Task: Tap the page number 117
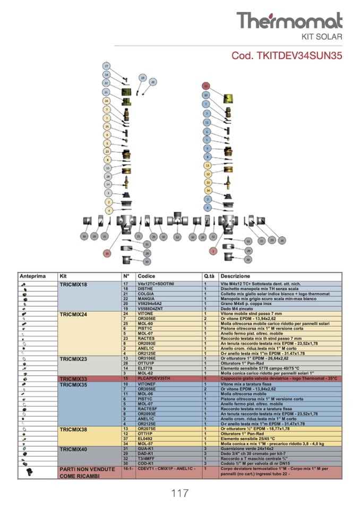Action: click(x=179, y=494)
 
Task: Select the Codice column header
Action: click(x=147, y=277)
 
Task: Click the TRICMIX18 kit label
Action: click(x=74, y=284)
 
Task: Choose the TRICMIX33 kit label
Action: click(x=74, y=379)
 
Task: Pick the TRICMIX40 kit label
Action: click(x=74, y=449)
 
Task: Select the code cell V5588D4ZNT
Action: click(x=150, y=308)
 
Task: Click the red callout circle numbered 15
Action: click(x=206, y=85)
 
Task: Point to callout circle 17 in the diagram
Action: click(x=107, y=66)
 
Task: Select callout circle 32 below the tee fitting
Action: click(x=178, y=237)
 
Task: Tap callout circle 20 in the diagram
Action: click(x=153, y=82)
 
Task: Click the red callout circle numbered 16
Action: click(x=107, y=253)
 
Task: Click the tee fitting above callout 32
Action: click(x=178, y=219)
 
